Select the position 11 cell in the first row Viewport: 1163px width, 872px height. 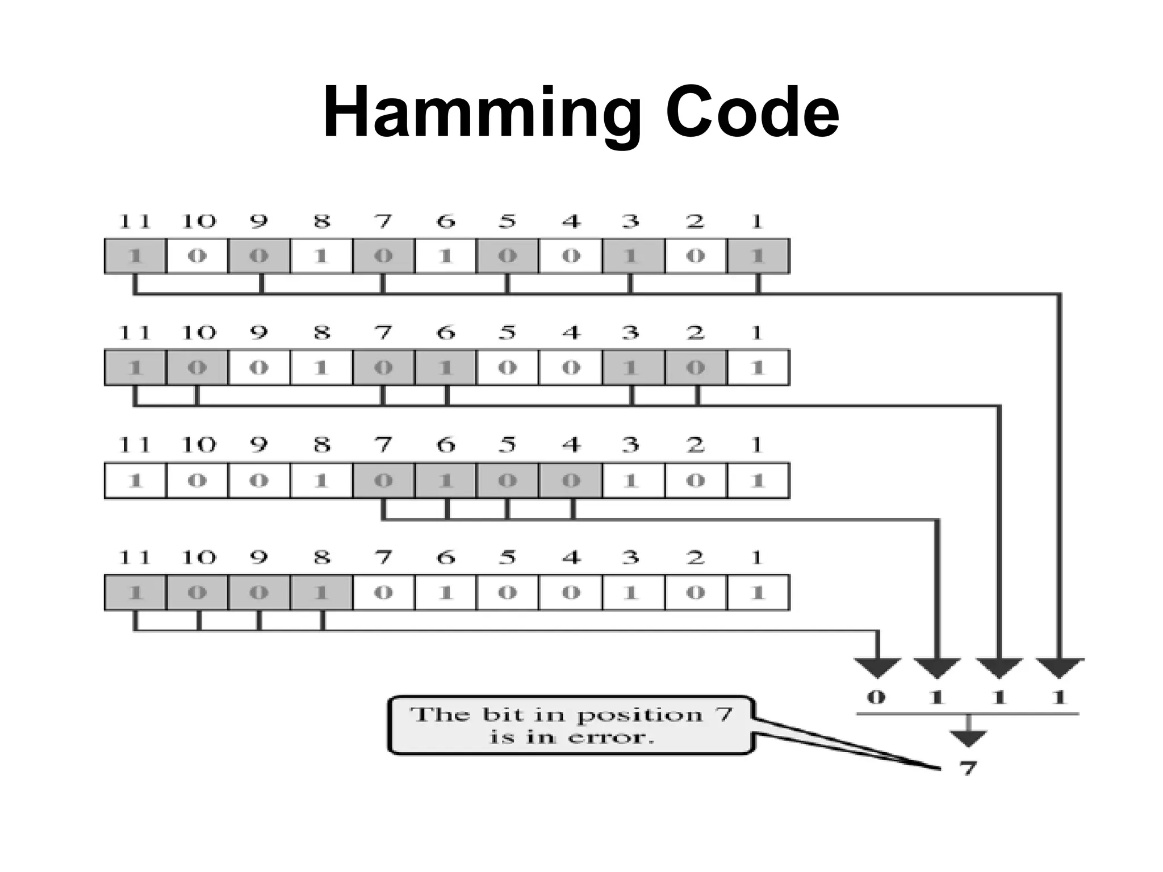coord(135,256)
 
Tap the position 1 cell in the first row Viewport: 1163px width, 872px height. coord(757,256)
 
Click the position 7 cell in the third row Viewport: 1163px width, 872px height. coord(383,481)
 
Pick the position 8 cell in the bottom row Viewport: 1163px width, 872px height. coord(321,593)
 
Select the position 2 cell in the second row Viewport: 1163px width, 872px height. coord(695,368)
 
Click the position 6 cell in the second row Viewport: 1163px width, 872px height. coord(446,368)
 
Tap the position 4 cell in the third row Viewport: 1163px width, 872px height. coord(571,481)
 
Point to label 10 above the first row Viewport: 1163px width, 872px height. coord(198,221)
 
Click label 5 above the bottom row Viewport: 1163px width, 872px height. coord(507,557)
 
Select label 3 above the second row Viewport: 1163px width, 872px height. coord(630,333)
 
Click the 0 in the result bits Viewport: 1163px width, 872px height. coord(876,697)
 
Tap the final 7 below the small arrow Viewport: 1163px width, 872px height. coord(967,768)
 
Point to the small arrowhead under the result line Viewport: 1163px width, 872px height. coord(968,738)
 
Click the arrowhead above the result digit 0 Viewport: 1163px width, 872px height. coord(877,667)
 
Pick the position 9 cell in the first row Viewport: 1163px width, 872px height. coord(259,256)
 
